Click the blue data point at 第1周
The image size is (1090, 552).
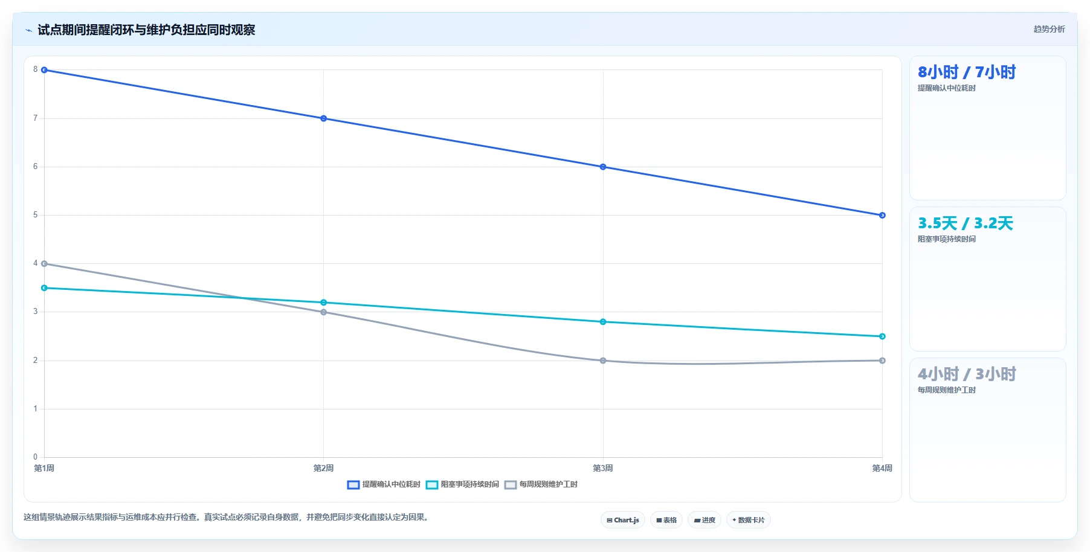44,70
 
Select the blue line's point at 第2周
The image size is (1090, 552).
324,118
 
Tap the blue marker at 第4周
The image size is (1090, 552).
882,215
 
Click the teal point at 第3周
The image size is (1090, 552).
603,322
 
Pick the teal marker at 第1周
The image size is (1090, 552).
44,288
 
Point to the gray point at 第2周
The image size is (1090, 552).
324,312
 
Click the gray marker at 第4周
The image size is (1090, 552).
882,361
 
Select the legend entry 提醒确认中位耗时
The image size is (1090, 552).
384,484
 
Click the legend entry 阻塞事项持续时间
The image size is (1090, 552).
462,484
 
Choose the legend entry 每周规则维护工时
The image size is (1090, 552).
541,484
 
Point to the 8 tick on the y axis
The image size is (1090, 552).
35,69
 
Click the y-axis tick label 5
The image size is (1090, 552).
35,215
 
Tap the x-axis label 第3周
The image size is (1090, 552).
603,468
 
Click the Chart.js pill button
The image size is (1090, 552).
623,520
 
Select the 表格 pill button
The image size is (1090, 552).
666,520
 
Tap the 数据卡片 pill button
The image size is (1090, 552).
749,520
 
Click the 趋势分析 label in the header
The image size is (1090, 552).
1049,29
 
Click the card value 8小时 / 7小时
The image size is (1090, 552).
967,72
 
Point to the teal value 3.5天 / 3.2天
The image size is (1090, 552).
966,223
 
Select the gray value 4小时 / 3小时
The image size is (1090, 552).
967,374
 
